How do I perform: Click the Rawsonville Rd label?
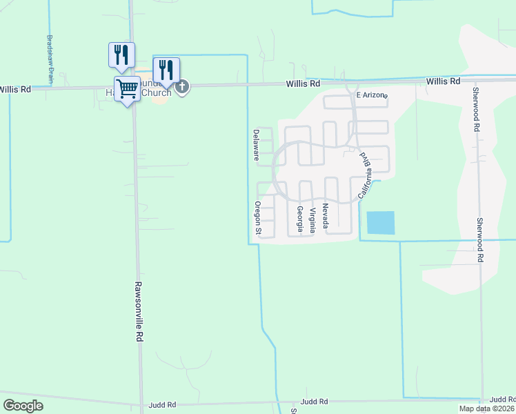[139, 312]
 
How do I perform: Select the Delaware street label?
[256, 145]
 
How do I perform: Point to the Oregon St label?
[257, 219]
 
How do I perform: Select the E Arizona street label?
[372, 95]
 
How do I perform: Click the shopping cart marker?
[127, 88]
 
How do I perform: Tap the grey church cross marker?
[182, 86]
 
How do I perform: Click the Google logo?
[23, 406]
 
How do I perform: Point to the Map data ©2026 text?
[487, 408]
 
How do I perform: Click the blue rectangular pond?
[381, 223]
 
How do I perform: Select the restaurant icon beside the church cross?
[166, 70]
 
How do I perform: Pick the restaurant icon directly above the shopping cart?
[122, 55]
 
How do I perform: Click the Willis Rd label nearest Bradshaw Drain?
[15, 90]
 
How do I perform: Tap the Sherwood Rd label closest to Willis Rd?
[476, 109]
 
